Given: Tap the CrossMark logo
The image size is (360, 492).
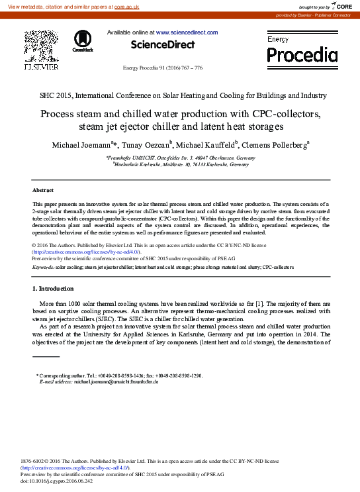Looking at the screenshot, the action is (83, 40).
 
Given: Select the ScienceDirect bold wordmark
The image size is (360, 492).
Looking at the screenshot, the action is (163, 45).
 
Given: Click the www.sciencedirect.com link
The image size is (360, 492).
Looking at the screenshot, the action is (187, 32).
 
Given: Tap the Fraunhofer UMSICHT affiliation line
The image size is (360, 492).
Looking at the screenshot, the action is (181, 158).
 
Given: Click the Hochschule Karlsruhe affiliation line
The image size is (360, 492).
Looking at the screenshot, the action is (181, 164).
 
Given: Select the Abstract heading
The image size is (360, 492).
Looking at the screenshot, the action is (43, 190).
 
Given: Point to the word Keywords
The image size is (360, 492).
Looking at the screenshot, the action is (43, 267).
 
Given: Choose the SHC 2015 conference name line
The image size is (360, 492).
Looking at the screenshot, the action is (180, 95).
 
